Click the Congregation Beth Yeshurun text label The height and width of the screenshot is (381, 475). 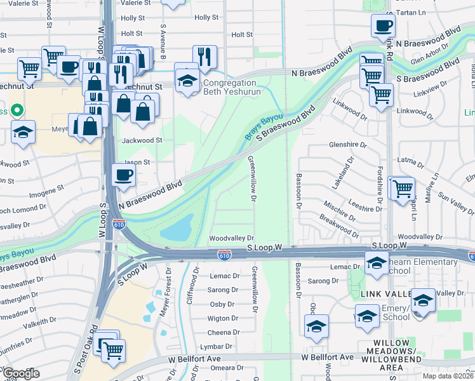tap(229, 87)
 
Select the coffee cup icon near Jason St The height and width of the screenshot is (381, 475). tap(123, 175)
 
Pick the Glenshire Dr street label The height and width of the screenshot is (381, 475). tap(348, 145)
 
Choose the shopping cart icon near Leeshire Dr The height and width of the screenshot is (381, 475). tap(402, 189)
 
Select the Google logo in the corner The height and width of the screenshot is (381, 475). tap(21, 373)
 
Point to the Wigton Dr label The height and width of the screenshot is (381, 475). tap(223, 318)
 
